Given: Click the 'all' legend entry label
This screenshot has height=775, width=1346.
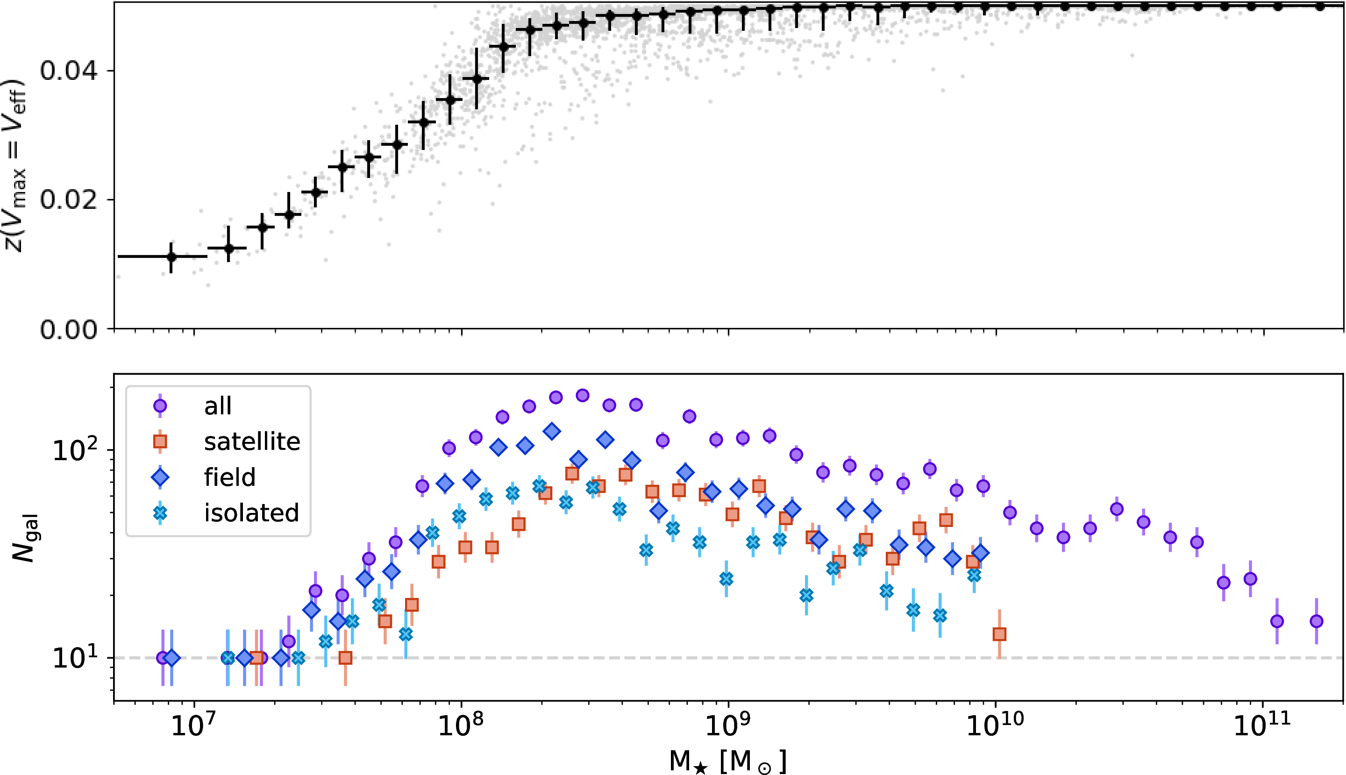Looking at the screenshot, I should click(x=218, y=406).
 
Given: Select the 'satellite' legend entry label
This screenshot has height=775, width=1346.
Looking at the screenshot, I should click(x=252, y=442).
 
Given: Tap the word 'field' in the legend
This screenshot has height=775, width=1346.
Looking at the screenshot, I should click(x=229, y=477).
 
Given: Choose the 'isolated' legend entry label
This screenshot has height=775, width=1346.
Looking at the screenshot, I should click(x=251, y=513).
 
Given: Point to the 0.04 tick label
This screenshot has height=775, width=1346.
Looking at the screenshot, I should click(x=69, y=71).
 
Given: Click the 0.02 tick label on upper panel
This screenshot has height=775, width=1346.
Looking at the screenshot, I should click(x=69, y=200).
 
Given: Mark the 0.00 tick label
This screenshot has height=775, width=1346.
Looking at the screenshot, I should click(x=69, y=330).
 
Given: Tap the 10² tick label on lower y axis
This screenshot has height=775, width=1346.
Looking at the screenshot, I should click(x=75, y=450).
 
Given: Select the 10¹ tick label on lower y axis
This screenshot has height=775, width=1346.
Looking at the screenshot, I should click(x=75, y=658).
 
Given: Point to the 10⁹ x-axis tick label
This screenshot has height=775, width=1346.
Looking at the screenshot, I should click(x=728, y=725).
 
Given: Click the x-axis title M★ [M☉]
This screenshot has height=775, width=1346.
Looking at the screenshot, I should click(x=727, y=761).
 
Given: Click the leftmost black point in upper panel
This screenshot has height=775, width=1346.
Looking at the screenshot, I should click(x=171, y=257).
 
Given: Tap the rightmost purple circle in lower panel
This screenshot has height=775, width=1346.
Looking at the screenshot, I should click(x=1317, y=621).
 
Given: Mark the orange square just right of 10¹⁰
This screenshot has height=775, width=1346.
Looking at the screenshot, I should click(x=999, y=634).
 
